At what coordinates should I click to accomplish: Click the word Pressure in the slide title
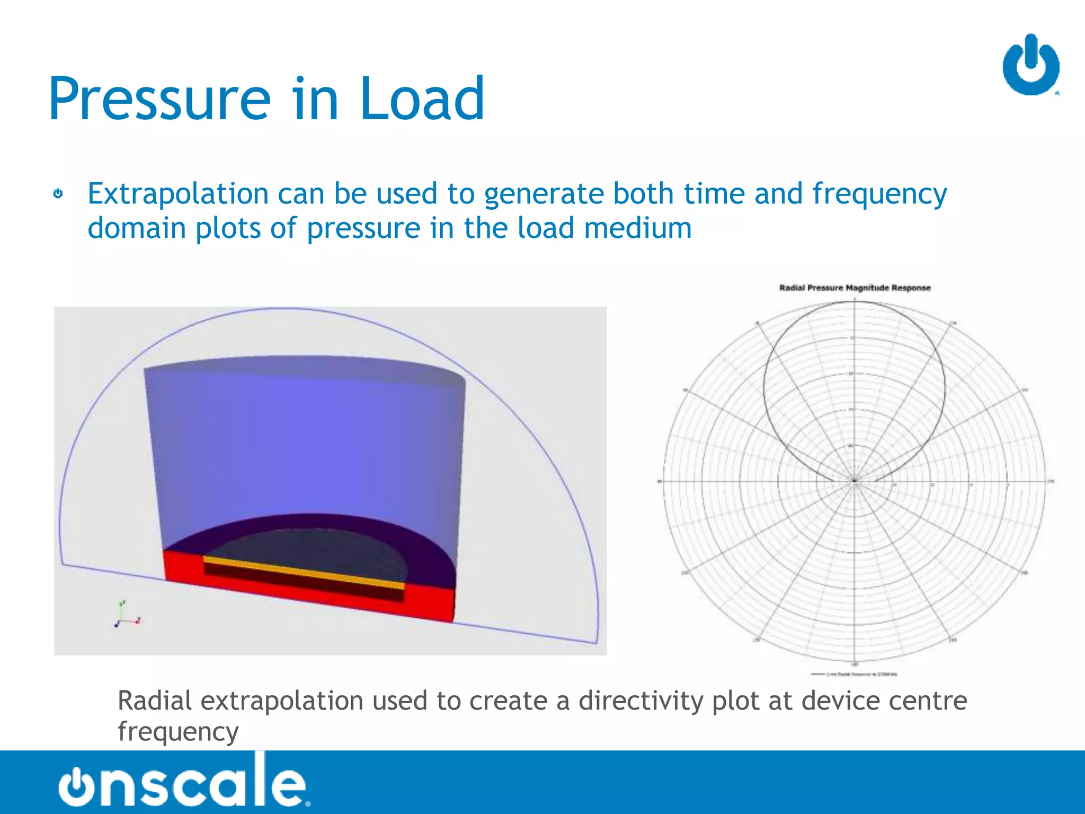pos(159,100)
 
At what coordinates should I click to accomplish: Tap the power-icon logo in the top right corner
pos(1030,66)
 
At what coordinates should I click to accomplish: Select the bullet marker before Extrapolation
pos(58,194)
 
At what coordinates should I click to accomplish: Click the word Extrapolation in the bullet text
pos(178,194)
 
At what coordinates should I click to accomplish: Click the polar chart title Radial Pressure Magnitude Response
pos(855,288)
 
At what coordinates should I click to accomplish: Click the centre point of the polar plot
pos(855,481)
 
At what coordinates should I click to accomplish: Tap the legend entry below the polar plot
pos(855,674)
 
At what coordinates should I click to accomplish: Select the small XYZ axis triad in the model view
pos(126,616)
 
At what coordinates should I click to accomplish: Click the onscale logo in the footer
pos(183,781)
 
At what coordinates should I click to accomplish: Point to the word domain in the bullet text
pos(137,228)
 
